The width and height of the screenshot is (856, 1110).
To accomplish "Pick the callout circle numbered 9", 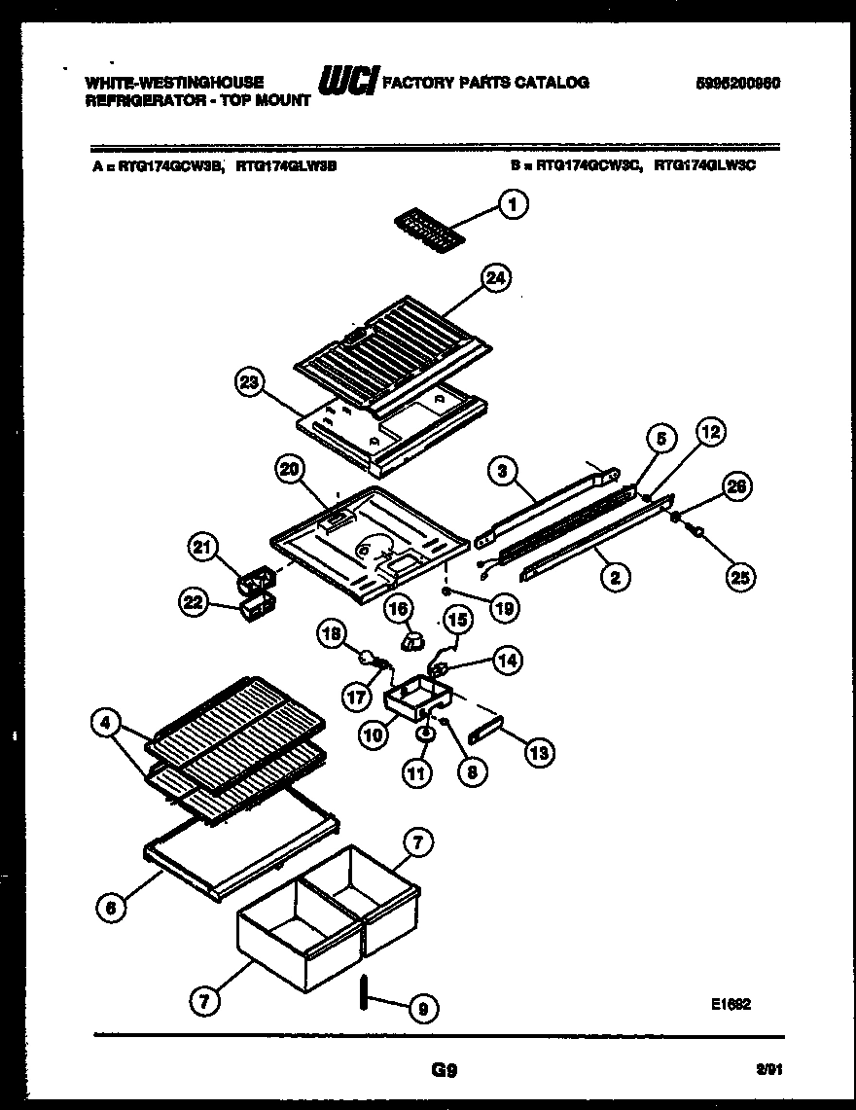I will pos(420,1012).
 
